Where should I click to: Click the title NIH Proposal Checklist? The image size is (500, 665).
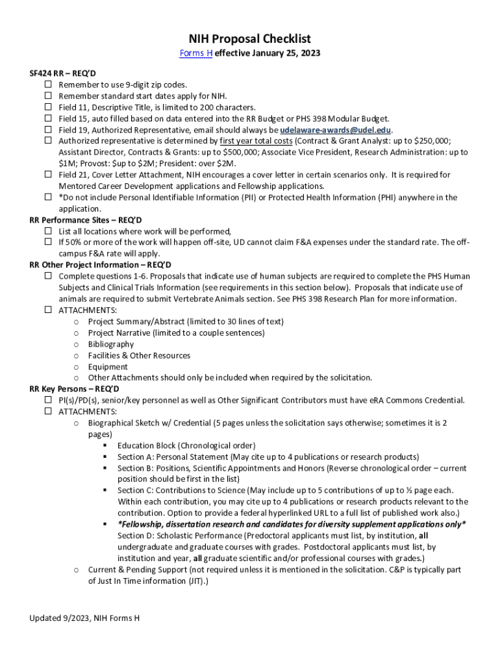click(x=250, y=39)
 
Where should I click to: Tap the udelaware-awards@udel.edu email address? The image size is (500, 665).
click(x=336, y=130)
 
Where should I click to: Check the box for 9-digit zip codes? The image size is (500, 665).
click(x=49, y=84)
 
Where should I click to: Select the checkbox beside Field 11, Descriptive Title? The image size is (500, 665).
click(x=49, y=107)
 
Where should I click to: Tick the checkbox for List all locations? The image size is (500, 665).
click(x=49, y=231)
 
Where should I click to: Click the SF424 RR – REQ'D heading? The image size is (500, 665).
click(x=62, y=73)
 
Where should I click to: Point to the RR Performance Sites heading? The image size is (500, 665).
click(x=86, y=220)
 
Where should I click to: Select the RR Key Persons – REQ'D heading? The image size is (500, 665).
click(x=74, y=389)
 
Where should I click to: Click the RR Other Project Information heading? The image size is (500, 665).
click(x=100, y=265)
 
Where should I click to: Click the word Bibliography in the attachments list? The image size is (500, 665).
click(x=111, y=344)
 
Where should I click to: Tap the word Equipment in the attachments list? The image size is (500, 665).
click(x=108, y=367)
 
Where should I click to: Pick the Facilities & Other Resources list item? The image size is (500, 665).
click(x=139, y=356)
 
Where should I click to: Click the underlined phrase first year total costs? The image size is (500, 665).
click(x=256, y=141)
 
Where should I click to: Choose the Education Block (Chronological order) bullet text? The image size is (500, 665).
click(x=186, y=445)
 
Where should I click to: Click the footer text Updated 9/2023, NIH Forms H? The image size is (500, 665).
click(x=84, y=618)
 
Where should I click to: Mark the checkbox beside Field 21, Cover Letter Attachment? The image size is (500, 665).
click(x=49, y=175)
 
